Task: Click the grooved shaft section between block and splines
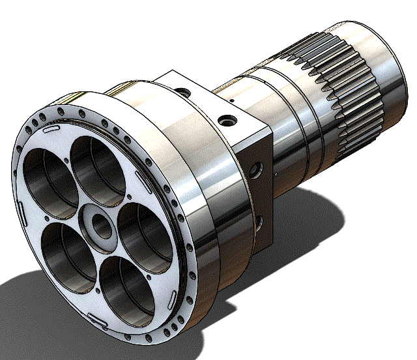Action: pos(280,104)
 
